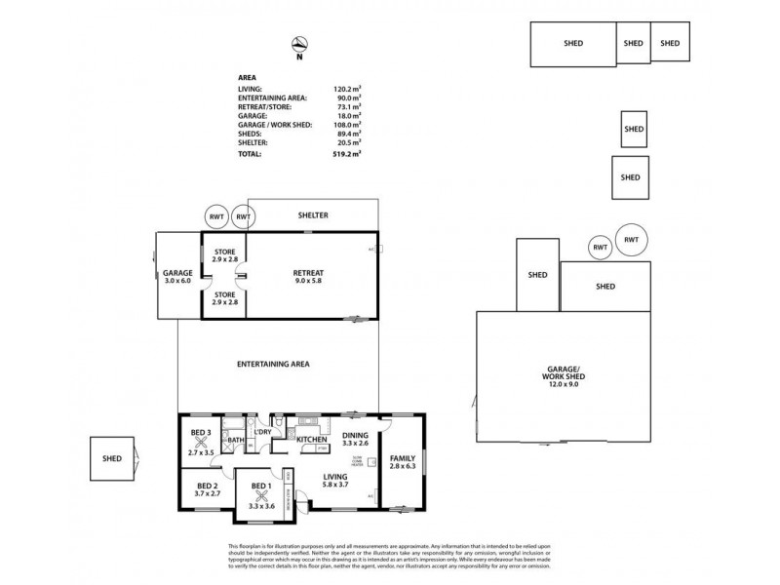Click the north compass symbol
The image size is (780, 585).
[301, 43]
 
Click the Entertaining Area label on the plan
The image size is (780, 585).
[273, 364]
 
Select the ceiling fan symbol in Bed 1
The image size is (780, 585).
[260, 492]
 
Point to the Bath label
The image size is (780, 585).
[234, 441]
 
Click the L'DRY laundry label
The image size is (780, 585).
[262, 432]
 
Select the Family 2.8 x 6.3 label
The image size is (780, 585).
[402, 462]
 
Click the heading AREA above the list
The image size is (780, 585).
[248, 77]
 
